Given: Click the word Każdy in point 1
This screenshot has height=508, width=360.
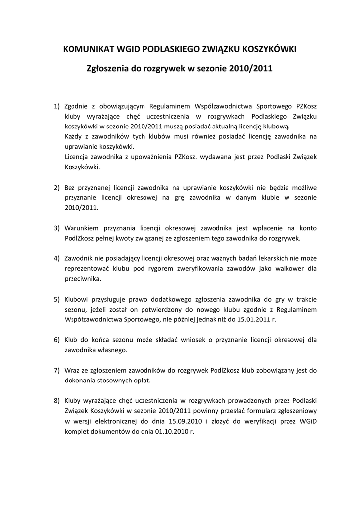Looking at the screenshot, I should click(x=73, y=136).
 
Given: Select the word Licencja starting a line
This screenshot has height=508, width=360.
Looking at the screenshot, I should click(x=78, y=157).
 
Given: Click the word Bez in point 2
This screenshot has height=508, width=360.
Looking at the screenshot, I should click(x=71, y=188).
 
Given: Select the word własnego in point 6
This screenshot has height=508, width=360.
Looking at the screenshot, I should click(x=112, y=350).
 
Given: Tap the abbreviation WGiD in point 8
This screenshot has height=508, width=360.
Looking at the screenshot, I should click(x=308, y=421).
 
